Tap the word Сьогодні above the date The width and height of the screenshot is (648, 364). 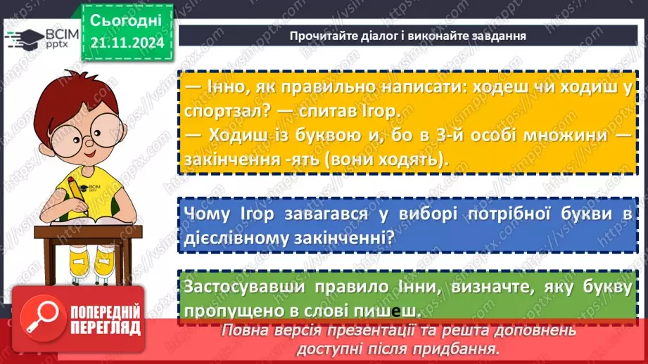[126, 19]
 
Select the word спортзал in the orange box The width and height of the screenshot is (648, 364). [216, 112]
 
